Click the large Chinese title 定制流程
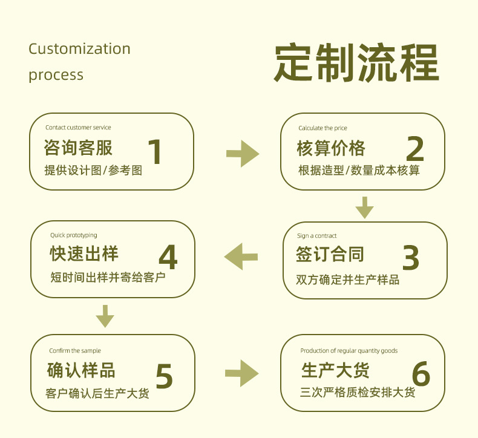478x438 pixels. tap(356, 62)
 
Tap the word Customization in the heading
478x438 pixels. tap(79, 49)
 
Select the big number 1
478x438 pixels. tap(155, 151)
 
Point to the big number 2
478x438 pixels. tap(415, 148)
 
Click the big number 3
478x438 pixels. tap(411, 258)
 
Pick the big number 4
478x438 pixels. tap(168, 257)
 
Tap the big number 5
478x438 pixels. tap(164, 376)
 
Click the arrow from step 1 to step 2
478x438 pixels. tap(243, 154)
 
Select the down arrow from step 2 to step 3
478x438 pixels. tap(365, 208)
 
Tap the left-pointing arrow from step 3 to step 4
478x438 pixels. tap(241, 257)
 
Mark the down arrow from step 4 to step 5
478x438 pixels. tap(105, 316)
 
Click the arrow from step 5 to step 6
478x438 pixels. tap(242, 373)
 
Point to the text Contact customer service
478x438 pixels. tap(78, 128)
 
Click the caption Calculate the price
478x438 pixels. tap(322, 128)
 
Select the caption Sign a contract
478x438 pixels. tap(316, 235)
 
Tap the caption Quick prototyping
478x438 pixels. tap(74, 235)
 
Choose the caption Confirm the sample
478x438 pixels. tap(75, 350)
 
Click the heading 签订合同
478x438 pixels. tap(330, 254)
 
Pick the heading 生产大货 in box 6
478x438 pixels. tap(335, 370)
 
